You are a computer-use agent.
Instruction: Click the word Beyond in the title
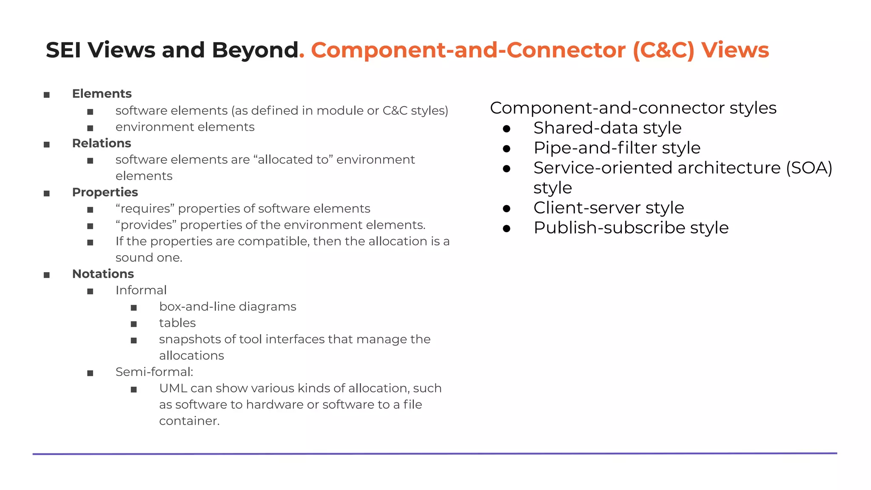[x=255, y=50]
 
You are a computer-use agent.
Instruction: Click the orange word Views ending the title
[x=735, y=50]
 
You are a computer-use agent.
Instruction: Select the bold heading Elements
[x=102, y=94]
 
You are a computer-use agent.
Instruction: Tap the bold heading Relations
[x=102, y=143]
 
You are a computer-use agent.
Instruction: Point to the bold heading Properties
[x=105, y=192]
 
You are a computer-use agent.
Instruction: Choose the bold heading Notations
[x=103, y=274]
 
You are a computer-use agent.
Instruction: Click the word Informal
[x=141, y=290]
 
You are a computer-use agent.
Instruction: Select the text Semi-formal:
[x=154, y=372]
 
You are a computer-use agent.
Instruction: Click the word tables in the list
[x=177, y=323]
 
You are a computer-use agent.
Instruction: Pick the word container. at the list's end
[x=189, y=421]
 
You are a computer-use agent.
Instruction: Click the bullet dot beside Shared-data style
[x=507, y=128]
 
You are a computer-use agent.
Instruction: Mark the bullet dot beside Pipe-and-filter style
[x=507, y=148]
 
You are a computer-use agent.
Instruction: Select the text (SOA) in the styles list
[x=809, y=168]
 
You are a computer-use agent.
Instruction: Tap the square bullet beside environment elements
[x=90, y=128]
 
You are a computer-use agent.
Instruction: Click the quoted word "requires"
[x=145, y=209]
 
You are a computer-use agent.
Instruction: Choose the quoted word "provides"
[x=146, y=225]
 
